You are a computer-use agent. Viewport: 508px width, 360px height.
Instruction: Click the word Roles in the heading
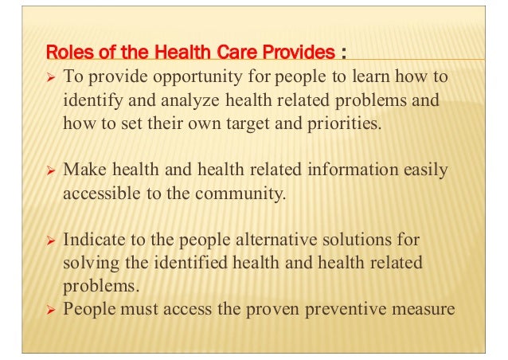66,53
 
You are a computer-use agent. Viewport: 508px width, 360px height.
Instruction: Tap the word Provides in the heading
301,53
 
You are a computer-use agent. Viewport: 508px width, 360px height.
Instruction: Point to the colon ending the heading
343,54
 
